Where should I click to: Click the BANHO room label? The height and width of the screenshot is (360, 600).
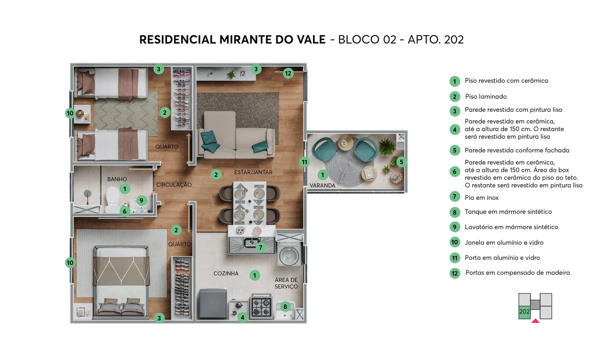pos(117,179)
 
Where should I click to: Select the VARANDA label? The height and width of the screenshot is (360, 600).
pos(322,185)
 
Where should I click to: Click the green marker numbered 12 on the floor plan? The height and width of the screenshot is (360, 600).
pos(288,73)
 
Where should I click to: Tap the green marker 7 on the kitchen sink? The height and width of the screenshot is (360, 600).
pos(261,247)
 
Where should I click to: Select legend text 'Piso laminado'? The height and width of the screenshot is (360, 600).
pos(486,97)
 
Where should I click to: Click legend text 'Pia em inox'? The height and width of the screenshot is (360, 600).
pos(482,198)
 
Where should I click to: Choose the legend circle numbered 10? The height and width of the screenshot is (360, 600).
pos(455,242)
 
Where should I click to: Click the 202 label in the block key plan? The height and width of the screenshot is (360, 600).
pos(524,312)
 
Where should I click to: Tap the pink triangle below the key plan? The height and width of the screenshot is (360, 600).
pos(535,321)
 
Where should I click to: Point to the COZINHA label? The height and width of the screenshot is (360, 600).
pos(226,273)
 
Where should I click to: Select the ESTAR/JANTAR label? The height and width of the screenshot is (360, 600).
pos(253,172)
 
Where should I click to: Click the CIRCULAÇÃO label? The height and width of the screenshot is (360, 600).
pos(174,185)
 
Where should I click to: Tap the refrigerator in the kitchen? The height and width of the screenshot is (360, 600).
pos(213,304)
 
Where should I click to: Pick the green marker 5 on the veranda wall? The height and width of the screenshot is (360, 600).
pos(401,162)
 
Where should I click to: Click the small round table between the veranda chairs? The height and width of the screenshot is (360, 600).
pos(346,143)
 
